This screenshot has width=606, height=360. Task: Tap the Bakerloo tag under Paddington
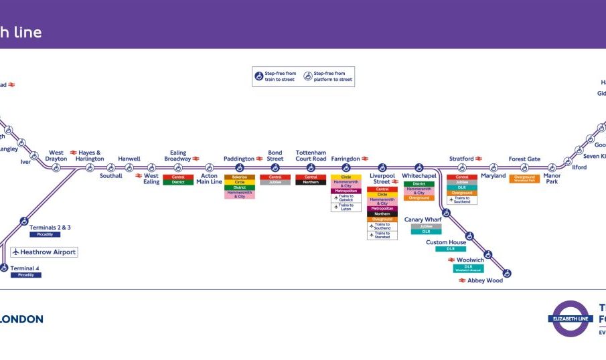(239, 177)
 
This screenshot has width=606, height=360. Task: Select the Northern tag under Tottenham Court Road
(311, 182)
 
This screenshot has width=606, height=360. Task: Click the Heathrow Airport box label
(44, 252)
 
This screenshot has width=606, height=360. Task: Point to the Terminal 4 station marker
(4, 268)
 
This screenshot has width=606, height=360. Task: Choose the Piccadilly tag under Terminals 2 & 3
(45, 235)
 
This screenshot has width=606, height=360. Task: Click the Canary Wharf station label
(423, 219)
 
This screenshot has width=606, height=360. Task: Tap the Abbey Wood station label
(485, 280)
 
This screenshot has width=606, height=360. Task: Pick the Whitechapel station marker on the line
(419, 167)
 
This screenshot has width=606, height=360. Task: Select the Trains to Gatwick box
(346, 198)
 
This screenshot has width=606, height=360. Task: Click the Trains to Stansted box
(382, 235)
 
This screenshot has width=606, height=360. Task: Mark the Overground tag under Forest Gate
(524, 179)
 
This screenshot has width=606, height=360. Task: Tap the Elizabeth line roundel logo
(571, 319)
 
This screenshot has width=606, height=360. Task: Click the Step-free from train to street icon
(258, 76)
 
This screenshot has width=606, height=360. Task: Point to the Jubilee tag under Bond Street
(275, 182)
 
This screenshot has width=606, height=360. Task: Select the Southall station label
(111, 176)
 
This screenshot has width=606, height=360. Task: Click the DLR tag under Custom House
(450, 249)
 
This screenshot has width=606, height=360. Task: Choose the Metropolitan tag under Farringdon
(346, 191)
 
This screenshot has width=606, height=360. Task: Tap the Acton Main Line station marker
(209, 167)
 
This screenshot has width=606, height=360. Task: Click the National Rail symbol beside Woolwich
(451, 260)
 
